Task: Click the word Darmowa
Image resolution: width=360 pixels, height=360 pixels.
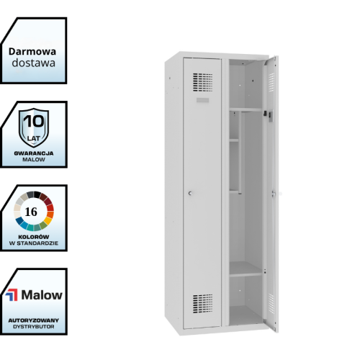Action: click(32, 52)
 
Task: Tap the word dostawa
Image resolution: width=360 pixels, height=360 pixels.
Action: click(34, 63)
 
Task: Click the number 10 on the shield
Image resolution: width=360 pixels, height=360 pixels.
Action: click(34, 121)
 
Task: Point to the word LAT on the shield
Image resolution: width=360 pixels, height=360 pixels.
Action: click(34, 138)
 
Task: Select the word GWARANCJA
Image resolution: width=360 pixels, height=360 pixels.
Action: click(34, 153)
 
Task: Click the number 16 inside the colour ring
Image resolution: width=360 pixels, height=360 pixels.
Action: click(31, 212)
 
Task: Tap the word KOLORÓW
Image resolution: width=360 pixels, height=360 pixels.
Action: click(34, 237)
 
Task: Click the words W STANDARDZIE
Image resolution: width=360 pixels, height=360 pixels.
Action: click(34, 243)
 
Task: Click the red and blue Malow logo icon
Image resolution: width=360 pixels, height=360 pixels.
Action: click(12, 295)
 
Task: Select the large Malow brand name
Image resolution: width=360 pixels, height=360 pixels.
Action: click(42, 295)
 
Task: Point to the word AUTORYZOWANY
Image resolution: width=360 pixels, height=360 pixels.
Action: click(34, 320)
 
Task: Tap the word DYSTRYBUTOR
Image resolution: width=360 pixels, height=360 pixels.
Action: click(34, 327)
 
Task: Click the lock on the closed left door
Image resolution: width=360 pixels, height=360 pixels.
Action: click(190, 193)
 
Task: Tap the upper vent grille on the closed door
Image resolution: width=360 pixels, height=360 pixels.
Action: click(203, 82)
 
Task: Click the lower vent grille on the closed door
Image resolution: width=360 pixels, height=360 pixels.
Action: click(203, 304)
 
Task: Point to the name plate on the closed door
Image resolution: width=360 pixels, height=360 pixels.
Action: click(202, 100)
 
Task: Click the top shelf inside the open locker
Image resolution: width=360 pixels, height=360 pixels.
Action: click(246, 109)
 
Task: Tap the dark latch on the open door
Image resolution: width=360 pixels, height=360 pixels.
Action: click(265, 113)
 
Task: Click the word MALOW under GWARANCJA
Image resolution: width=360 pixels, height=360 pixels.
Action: click(34, 159)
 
